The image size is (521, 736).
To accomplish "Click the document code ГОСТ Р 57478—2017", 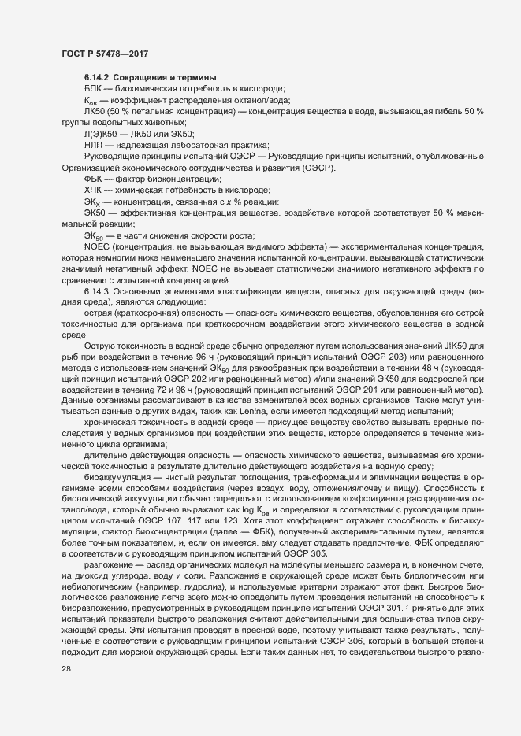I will tap(104, 53).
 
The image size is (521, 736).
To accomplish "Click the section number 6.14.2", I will tap(98, 76).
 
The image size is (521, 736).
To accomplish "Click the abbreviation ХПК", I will tap(93, 191).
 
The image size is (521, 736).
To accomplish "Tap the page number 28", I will tap(66, 668).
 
